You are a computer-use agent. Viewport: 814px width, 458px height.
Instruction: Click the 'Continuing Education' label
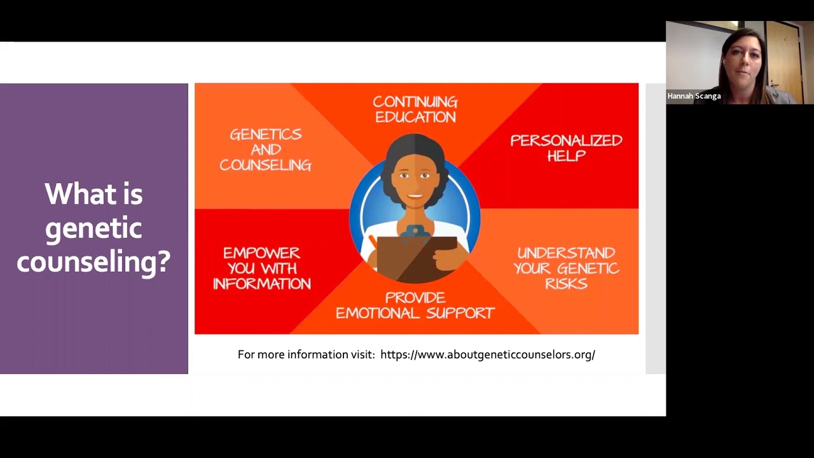[415, 109]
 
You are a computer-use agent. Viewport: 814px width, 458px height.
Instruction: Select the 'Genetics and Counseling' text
[265, 149]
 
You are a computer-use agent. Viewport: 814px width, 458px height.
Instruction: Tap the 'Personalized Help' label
[566, 148]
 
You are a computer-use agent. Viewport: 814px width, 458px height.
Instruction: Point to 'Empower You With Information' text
[262, 268]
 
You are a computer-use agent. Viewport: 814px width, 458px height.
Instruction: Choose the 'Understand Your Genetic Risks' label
[566, 268]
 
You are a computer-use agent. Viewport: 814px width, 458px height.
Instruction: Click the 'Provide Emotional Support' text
[415, 305]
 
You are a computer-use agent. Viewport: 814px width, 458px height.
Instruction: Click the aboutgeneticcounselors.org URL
[487, 354]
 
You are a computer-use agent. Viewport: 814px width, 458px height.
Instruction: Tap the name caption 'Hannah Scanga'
[694, 96]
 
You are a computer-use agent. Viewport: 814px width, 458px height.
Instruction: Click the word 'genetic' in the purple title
[93, 228]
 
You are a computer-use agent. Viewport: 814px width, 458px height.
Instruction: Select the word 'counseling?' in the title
[93, 261]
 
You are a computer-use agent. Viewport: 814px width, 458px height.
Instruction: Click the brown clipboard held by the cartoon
[413, 258]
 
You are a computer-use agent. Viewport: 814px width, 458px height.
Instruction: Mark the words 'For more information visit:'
[306, 354]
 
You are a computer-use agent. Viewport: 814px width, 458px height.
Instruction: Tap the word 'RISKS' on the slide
[566, 284]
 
